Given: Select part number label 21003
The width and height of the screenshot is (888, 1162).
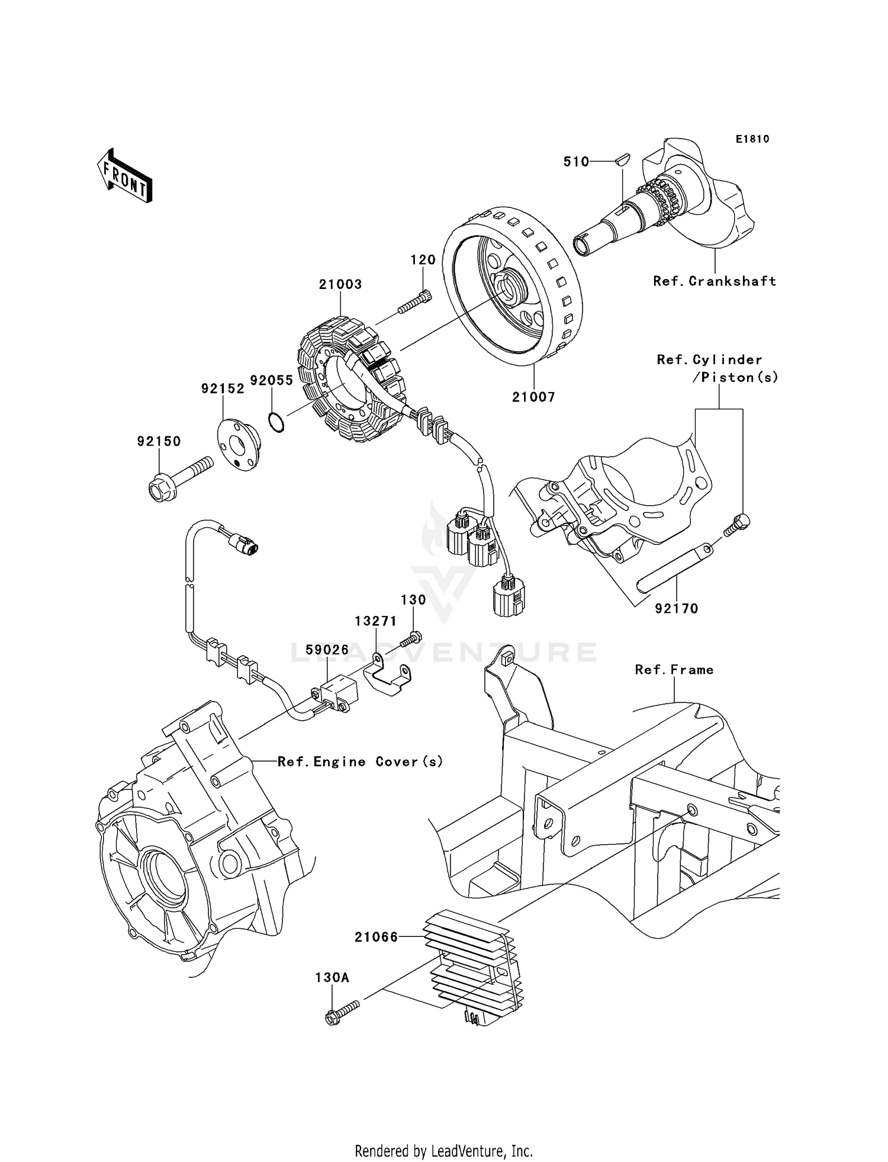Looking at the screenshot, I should pyautogui.click(x=340, y=284).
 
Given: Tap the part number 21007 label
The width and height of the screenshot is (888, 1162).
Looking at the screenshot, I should pyautogui.click(x=533, y=397).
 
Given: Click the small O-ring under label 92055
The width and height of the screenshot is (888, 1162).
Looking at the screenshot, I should pyautogui.click(x=276, y=423).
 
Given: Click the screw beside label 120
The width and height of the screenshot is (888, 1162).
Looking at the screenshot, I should pyautogui.click(x=414, y=303).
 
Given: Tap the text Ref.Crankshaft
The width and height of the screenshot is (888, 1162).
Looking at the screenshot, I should pyautogui.click(x=714, y=281).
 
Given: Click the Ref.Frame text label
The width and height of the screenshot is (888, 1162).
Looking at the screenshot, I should pyautogui.click(x=674, y=670).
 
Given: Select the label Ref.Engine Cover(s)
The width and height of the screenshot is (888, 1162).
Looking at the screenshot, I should pyautogui.click(x=360, y=762).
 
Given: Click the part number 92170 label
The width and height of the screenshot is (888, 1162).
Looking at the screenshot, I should pyautogui.click(x=676, y=608).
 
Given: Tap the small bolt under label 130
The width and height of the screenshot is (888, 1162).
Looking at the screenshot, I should pyautogui.click(x=410, y=639).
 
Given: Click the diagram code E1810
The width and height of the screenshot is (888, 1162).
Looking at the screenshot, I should pyautogui.click(x=752, y=139).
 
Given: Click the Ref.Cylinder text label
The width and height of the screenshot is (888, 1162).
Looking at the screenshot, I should pyautogui.click(x=709, y=359).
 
